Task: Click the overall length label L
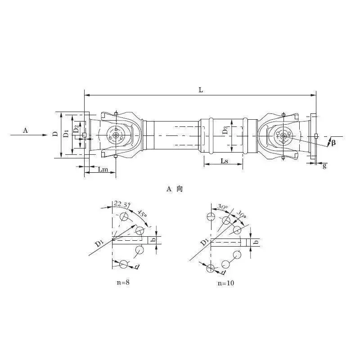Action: [201, 90]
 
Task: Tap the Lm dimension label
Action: [103, 170]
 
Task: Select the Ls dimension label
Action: [224, 161]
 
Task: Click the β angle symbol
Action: [333, 143]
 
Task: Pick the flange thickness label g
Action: [324, 165]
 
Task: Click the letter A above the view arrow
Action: [26, 130]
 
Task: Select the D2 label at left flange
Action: [76, 129]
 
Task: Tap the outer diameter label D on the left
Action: [55, 133]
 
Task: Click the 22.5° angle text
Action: [122, 204]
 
